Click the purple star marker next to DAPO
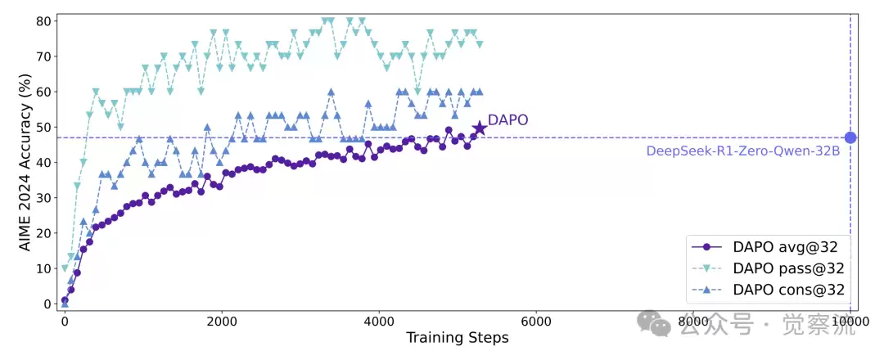480,128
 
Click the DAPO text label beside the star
507,120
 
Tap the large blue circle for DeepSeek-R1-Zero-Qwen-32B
850,137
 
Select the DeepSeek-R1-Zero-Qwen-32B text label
742,151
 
